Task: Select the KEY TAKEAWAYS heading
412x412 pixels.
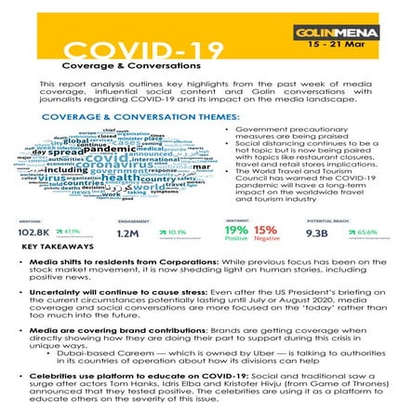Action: click(58, 249)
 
